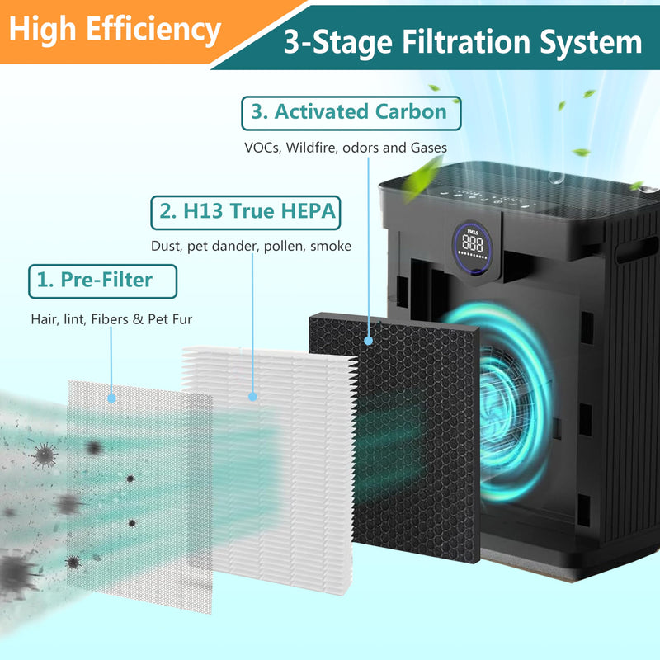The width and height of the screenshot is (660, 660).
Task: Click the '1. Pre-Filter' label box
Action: [102, 281]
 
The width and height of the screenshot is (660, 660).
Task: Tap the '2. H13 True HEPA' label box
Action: [246, 213]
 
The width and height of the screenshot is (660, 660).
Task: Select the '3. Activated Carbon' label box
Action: [351, 113]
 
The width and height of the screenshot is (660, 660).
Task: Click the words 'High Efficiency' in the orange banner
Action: [115, 30]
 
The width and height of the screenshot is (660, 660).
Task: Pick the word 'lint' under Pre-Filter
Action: [74, 319]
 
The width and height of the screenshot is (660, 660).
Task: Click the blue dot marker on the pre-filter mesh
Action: [111, 398]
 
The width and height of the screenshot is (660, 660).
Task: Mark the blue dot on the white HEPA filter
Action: [252, 396]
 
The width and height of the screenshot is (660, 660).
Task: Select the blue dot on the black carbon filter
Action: [368, 341]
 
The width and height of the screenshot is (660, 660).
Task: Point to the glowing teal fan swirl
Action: [501, 404]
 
